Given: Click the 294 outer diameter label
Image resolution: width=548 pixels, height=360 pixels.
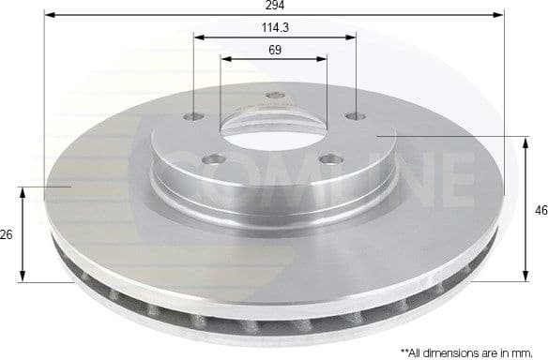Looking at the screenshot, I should tap(275, 6).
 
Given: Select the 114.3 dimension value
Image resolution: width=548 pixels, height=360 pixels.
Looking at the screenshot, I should tap(275, 27).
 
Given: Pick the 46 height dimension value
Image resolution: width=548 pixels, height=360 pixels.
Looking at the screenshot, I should tap(540, 210).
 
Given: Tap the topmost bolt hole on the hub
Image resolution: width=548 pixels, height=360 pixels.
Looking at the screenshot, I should tap(275, 95).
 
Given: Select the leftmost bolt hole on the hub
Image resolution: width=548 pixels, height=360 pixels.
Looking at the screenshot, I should tap(194, 116).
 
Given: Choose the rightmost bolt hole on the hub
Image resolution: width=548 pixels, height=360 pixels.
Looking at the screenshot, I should tap(355, 116).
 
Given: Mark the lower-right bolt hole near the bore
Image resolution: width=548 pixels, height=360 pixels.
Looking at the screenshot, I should tap(327, 158).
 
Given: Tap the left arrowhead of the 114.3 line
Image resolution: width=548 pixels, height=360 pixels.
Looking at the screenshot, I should tap(198, 37).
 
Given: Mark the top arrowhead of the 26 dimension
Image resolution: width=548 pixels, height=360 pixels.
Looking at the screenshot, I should tap(23, 190).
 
